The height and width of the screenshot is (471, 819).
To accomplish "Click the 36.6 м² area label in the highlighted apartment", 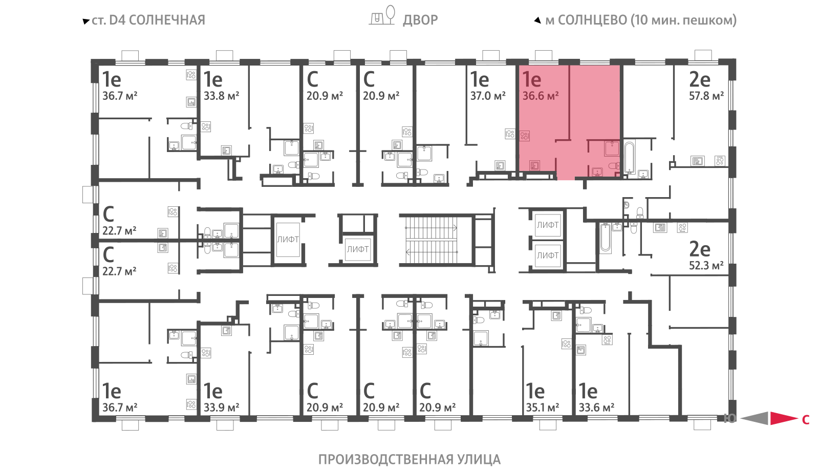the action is tap(541, 96).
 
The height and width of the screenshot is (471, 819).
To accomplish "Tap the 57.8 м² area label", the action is tap(706, 96).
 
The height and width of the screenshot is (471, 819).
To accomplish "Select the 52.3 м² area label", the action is tap(706, 265).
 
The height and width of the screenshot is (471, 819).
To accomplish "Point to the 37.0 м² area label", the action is tap(488, 96).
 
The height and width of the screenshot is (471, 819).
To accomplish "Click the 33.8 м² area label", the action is tap(221, 96).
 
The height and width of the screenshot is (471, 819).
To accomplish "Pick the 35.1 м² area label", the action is tap(543, 408).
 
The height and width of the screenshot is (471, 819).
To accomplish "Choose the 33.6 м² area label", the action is tap(596, 408).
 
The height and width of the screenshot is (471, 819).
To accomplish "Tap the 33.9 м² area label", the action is tap(221, 408).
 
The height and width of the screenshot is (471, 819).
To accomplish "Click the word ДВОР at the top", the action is tap(420, 20).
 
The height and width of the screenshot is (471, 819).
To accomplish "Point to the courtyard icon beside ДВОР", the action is tap(382, 15).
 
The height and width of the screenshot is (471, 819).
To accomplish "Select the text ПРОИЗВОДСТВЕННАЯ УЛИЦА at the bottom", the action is tap(409, 459).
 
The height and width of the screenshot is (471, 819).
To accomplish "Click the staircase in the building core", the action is tap(432, 240).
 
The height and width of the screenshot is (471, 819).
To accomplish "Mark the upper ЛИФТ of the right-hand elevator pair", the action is tap(547, 225).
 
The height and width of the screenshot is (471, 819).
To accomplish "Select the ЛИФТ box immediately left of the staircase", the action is tap(358, 249).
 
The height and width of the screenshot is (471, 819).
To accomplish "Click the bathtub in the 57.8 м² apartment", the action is tap(629, 158).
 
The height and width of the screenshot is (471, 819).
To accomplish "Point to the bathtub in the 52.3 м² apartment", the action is tap(606, 238).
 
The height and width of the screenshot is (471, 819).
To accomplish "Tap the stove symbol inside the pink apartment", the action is tap(525, 136).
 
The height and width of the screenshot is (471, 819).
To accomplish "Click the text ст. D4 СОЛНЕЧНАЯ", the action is tap(144, 20).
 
